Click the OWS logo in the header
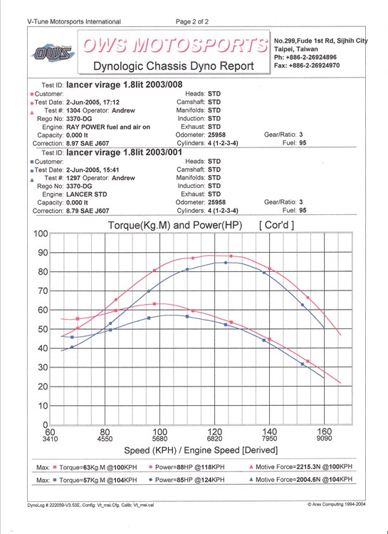click(x=53, y=53)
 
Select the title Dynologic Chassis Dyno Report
click(x=174, y=66)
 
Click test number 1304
click(x=73, y=110)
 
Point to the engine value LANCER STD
click(x=87, y=194)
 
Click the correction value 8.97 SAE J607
click(x=88, y=143)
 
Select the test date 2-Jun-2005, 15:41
click(x=93, y=169)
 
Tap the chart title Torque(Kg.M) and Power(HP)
click(x=175, y=226)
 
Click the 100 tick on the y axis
click(x=41, y=234)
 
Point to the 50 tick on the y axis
click(x=43, y=330)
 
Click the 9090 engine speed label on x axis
click(x=324, y=439)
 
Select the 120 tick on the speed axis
click(x=214, y=432)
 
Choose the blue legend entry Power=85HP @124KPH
click(x=187, y=480)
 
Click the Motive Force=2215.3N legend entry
click(x=301, y=467)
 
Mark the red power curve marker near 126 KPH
click(x=231, y=256)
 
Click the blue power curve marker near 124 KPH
click(x=226, y=263)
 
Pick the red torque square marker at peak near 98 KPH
click(x=154, y=304)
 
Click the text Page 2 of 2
click(x=192, y=22)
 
